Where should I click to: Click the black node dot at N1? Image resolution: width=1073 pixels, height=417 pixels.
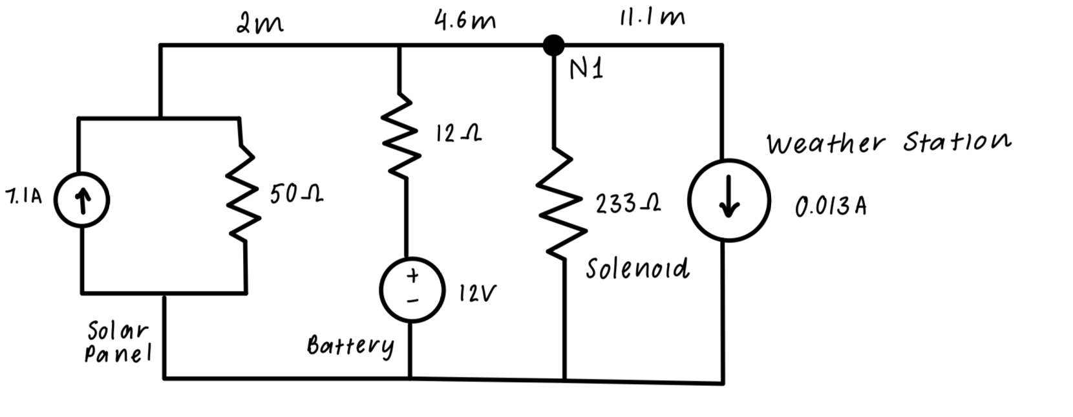click(553, 45)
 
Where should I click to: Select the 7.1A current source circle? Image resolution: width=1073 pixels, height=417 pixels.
click(81, 200)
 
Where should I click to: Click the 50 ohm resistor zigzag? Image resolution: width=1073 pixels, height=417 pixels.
click(245, 194)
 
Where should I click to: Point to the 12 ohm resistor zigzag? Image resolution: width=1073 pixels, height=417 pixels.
click(402, 136)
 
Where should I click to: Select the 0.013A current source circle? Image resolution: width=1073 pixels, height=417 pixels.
click(728, 200)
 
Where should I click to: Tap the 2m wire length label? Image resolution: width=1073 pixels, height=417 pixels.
click(259, 24)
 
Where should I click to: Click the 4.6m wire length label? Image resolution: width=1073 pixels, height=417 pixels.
click(465, 21)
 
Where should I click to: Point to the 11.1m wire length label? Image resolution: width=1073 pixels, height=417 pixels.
click(652, 17)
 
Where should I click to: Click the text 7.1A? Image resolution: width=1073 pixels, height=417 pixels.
click(23, 197)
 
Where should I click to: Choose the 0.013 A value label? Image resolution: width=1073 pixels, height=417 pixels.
click(831, 206)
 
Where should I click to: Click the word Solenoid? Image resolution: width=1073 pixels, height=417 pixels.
click(637, 268)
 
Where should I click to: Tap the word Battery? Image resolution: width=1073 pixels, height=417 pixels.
click(350, 346)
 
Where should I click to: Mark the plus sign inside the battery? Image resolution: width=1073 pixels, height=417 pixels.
click(412, 276)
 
